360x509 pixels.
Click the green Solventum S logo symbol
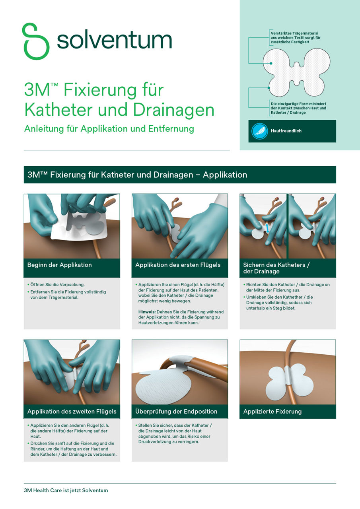pyautogui.click(x=36, y=41)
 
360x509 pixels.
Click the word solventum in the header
pyautogui.click(x=114, y=40)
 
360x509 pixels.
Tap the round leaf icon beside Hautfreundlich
pyautogui.click(x=260, y=131)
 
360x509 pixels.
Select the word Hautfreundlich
pyautogui.click(x=286, y=131)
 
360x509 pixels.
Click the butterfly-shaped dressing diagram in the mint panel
pyautogui.click(x=296, y=72)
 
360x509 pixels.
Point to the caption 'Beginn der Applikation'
pyautogui.click(x=60, y=265)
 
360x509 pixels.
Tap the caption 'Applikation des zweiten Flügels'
pyautogui.click(x=72, y=411)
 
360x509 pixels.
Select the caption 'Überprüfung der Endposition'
pyautogui.click(x=176, y=411)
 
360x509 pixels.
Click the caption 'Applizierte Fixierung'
pyautogui.click(x=272, y=411)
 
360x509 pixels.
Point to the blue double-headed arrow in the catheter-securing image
pyautogui.click(x=267, y=227)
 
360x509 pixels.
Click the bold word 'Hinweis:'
pyautogui.click(x=147, y=312)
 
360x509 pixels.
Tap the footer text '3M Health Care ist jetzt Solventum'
pyautogui.click(x=66, y=490)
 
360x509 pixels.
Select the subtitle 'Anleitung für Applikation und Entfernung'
pyautogui.click(x=109, y=129)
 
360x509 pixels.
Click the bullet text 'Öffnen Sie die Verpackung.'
pyautogui.click(x=58, y=285)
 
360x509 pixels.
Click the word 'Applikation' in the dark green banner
pyautogui.click(x=225, y=175)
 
